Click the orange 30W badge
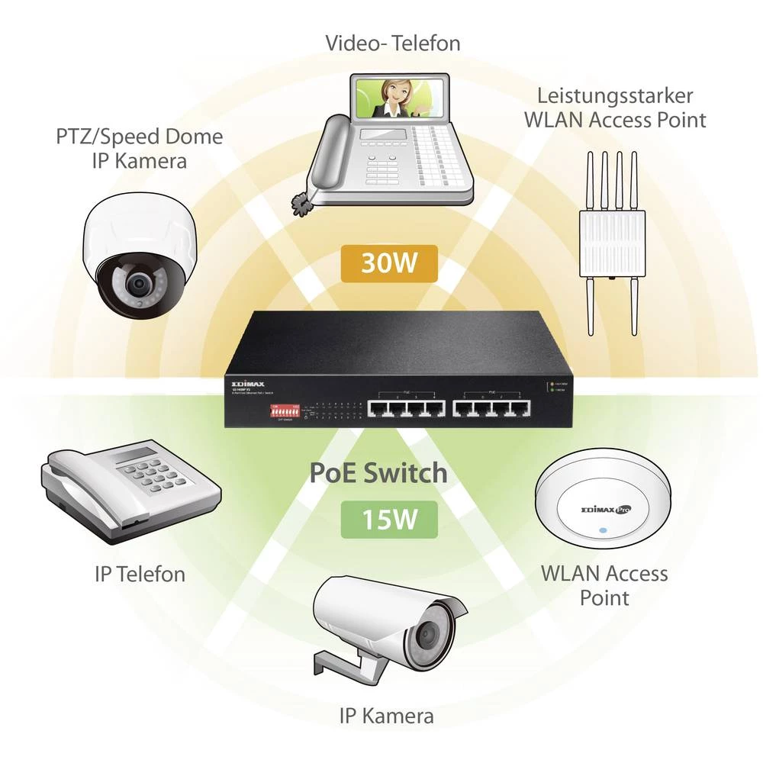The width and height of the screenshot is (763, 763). coord(389,264)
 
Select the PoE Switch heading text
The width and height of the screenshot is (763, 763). coord(378,473)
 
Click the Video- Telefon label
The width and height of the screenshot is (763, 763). coord(393,43)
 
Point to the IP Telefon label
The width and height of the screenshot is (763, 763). coord(140,574)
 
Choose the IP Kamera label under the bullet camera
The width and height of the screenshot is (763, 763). coord(386,716)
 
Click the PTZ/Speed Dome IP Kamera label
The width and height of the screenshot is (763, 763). coord(140,149)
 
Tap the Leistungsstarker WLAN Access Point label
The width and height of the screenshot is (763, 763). coord(621,108)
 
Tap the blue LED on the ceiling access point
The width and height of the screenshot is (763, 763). coord(603,530)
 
